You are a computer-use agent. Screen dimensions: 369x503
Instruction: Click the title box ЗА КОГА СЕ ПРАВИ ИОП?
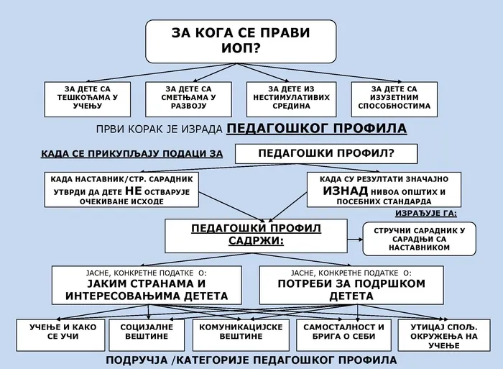click(241, 40)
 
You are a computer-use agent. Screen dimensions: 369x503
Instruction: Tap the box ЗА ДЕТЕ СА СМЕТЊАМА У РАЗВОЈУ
click(189, 97)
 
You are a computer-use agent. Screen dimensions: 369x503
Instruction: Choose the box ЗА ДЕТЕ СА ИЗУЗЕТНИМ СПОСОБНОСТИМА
click(394, 97)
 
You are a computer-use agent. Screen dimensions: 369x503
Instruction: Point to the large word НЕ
click(134, 191)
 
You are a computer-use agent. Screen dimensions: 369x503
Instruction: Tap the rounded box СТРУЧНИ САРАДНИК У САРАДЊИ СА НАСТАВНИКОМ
click(420, 238)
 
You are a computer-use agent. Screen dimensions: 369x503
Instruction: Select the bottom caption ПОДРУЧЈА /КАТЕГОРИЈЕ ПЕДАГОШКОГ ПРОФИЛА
click(251, 359)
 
